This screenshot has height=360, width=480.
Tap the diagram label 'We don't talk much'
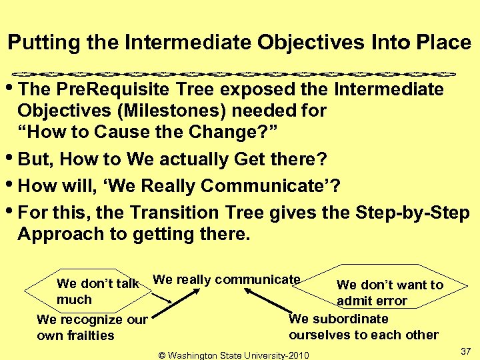tap(97, 291)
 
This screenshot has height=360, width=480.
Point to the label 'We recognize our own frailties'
tap(92, 327)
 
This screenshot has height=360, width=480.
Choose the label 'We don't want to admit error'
tap(390, 293)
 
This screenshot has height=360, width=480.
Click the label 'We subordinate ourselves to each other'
tap(363, 327)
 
